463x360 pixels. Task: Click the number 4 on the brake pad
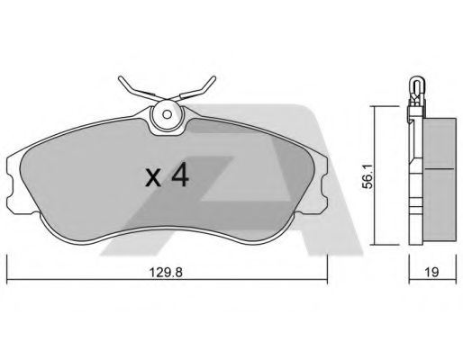click(x=179, y=175)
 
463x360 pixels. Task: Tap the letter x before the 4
click(x=153, y=177)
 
